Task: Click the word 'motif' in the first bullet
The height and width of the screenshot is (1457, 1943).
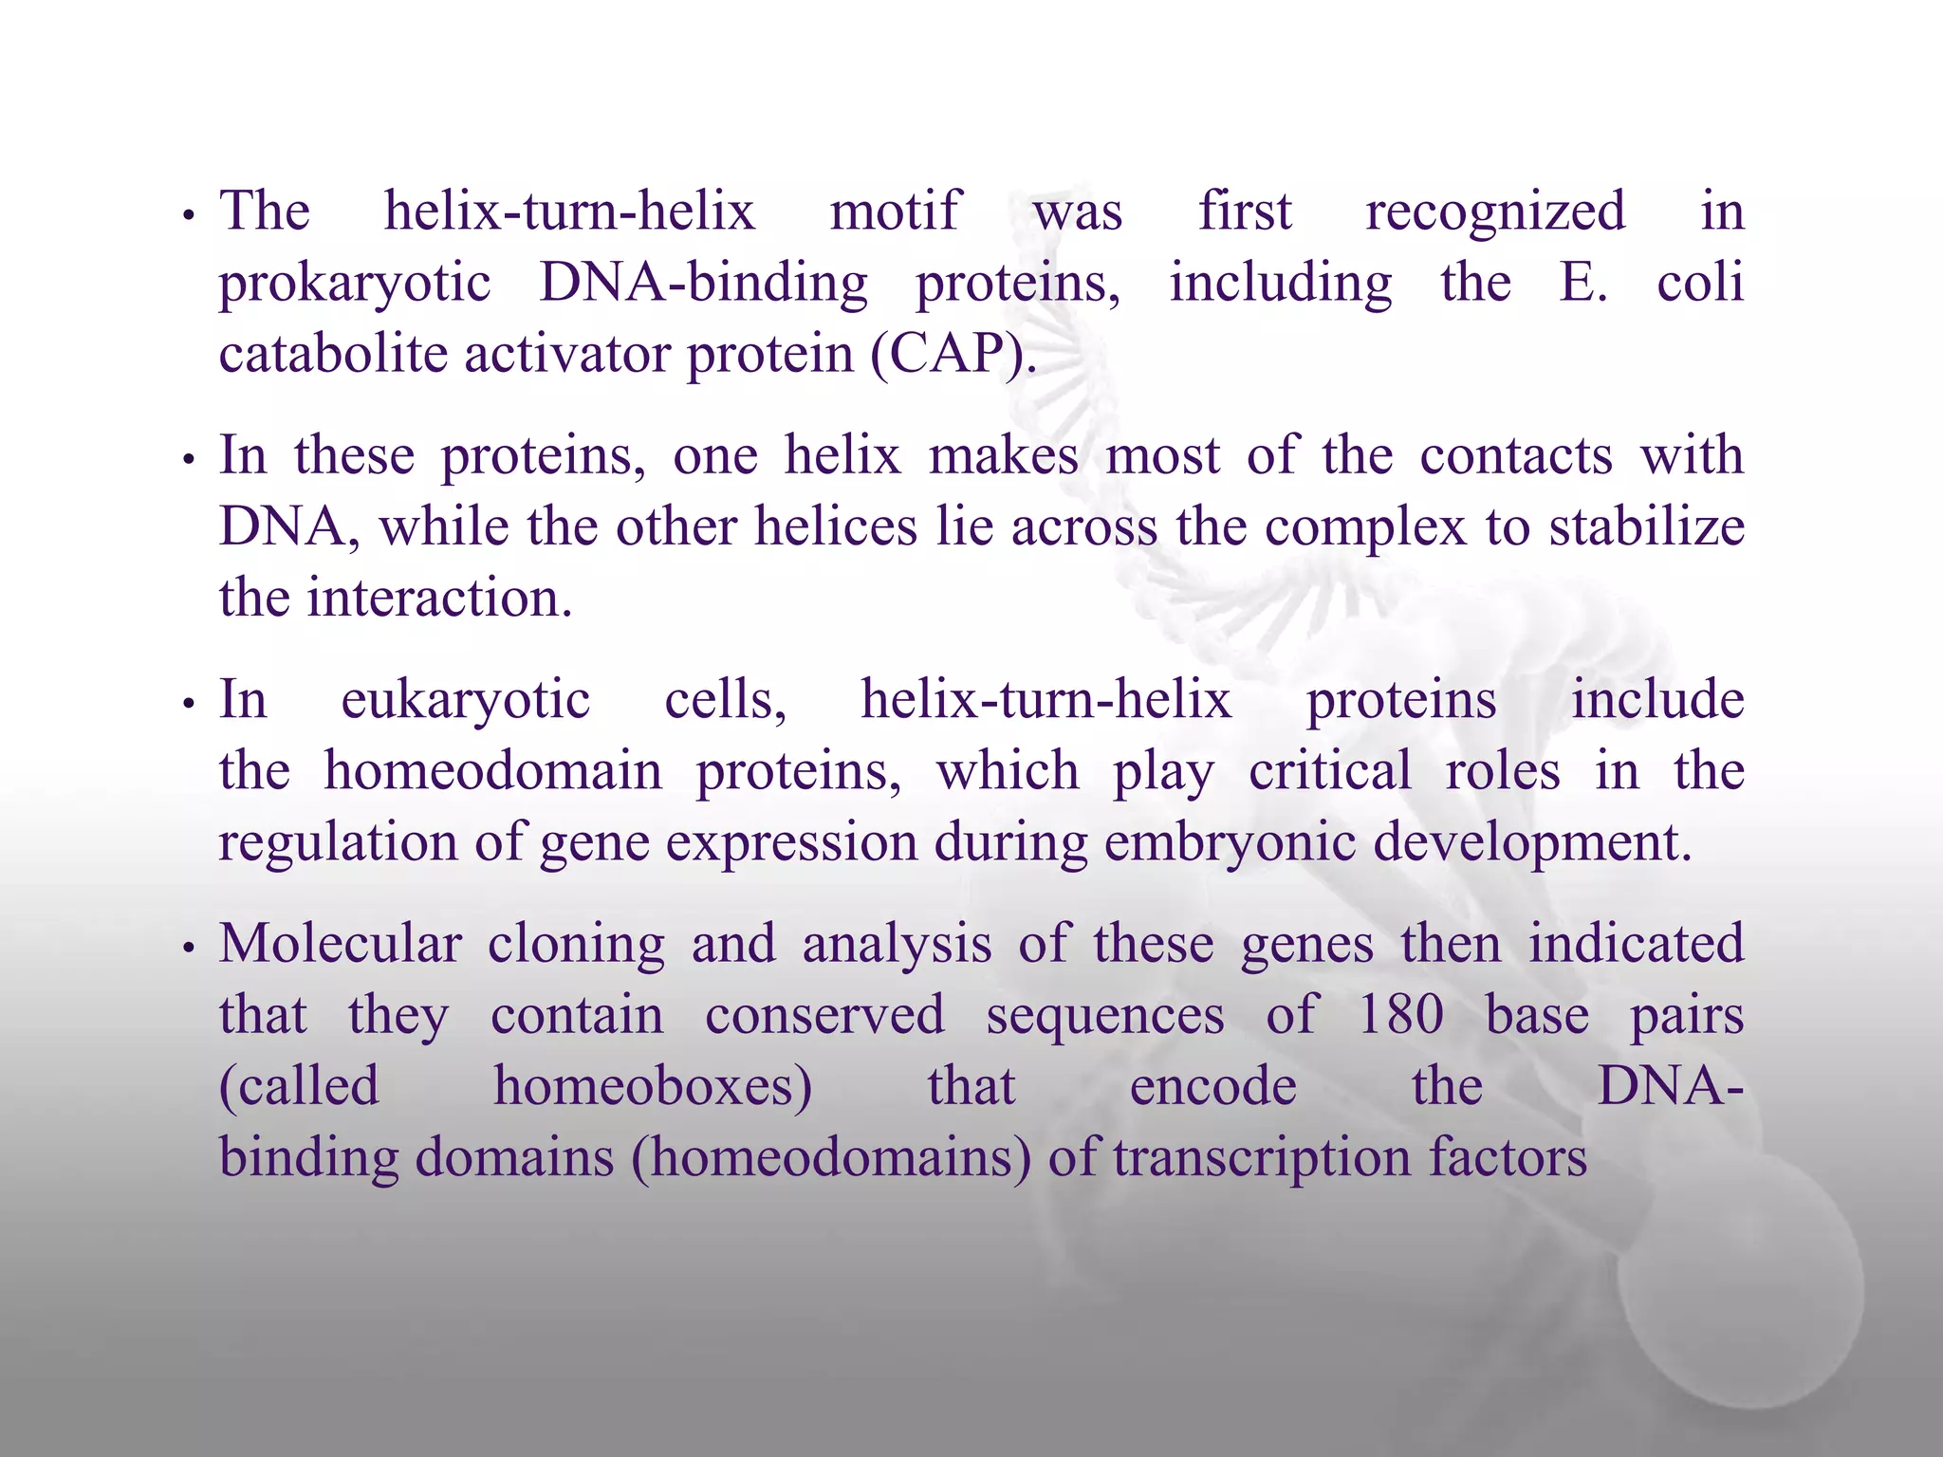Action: pos(896,211)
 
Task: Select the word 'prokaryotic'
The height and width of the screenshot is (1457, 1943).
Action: pos(355,283)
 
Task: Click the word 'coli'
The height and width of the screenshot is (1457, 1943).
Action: pos(1700,283)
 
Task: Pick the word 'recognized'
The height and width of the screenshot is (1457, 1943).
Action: pos(1495,211)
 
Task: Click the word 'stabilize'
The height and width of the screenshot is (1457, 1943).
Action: pos(1647,526)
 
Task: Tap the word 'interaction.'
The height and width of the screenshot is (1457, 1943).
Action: pos(440,598)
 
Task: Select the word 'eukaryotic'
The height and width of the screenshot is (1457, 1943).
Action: pos(465,700)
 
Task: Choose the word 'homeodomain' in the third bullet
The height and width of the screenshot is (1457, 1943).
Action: pos(493,770)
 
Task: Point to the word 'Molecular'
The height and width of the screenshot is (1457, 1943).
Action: pos(341,944)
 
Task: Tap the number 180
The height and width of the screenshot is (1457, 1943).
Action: pos(1400,1015)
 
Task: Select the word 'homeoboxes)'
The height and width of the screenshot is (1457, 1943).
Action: pos(653,1086)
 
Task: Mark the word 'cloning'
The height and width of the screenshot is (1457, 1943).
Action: pos(576,944)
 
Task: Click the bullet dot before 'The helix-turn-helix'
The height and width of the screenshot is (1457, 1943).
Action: pos(189,217)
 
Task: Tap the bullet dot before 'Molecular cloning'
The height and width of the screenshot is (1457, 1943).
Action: pos(189,950)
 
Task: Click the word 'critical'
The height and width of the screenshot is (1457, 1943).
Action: pos(1329,770)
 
